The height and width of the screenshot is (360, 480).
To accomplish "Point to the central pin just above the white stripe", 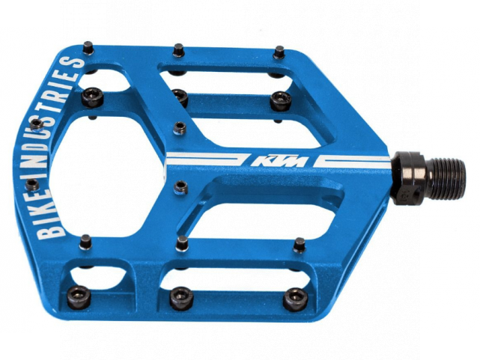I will coord(180,127).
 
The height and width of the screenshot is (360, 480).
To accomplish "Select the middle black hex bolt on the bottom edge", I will coord(180,297).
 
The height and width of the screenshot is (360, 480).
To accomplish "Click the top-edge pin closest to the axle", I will coord(279,52).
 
